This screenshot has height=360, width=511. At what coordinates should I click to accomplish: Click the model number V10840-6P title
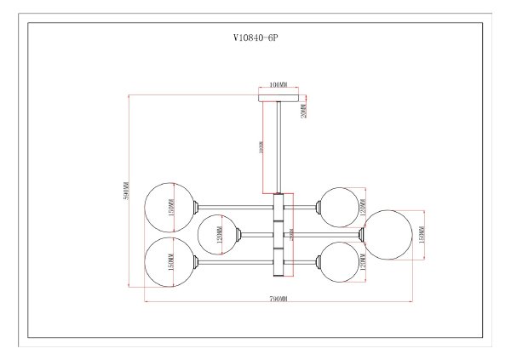(255, 38)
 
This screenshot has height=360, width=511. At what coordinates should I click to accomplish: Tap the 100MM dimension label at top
(277, 85)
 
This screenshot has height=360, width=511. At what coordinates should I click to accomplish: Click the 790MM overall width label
(278, 299)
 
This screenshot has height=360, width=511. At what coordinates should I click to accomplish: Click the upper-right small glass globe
(340, 206)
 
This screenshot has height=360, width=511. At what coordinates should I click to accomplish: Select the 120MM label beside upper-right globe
(362, 203)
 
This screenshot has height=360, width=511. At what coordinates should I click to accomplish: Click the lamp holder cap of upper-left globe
(198, 207)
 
